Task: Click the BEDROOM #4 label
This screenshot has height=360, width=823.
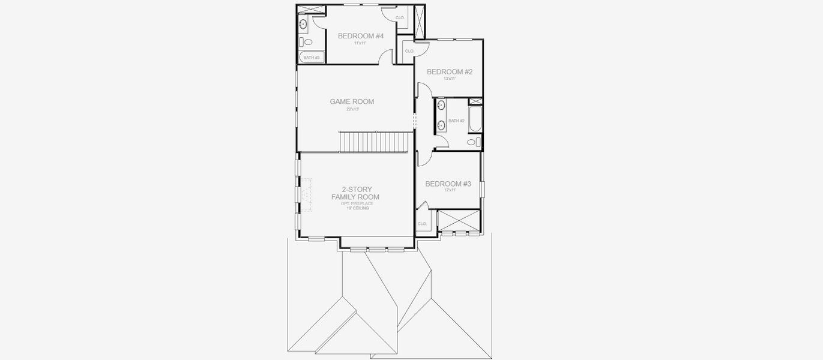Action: [360, 36]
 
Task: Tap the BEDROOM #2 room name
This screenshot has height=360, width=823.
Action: [450, 72]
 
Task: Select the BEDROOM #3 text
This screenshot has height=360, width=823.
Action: [448, 184]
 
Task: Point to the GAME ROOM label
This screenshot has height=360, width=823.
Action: [352, 101]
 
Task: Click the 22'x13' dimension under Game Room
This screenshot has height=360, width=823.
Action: [352, 109]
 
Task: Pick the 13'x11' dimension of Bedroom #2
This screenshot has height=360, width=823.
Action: [450, 79]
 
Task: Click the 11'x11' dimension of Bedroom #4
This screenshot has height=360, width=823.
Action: [360, 43]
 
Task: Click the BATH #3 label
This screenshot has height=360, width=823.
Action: [310, 58]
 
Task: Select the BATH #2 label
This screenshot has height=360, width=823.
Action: [456, 121]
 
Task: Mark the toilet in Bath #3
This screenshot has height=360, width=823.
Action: [307, 42]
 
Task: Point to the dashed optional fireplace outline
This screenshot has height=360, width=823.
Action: [307, 195]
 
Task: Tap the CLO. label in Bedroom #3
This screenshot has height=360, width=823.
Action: [421, 224]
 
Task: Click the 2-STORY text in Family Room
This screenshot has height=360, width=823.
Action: [355, 189]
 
